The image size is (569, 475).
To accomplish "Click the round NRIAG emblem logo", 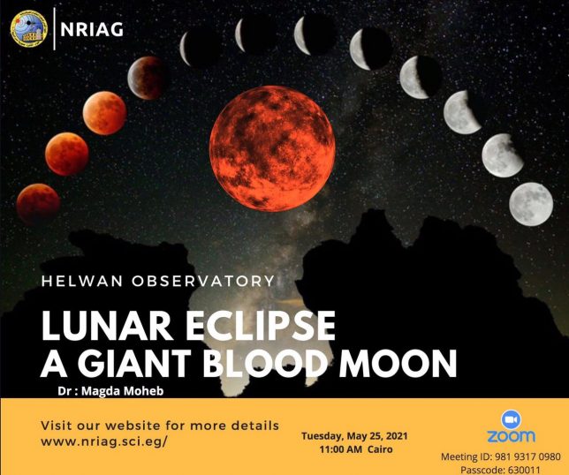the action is click(x=29, y=28).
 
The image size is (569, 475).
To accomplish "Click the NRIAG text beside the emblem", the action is click(x=92, y=29).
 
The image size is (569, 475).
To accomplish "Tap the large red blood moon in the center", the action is click(x=272, y=148).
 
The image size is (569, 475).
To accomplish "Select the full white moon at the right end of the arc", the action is click(x=531, y=204).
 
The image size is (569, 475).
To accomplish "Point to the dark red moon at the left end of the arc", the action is click(x=38, y=205).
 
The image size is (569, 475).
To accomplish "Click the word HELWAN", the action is click(x=82, y=282).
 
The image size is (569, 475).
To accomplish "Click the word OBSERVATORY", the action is click(x=203, y=282).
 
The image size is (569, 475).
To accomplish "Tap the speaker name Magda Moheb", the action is click(x=122, y=391).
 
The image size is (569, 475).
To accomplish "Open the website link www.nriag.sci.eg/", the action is click(x=104, y=442).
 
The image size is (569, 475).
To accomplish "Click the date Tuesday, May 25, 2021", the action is click(x=354, y=436).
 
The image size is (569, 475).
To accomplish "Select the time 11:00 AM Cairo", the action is click(x=356, y=449).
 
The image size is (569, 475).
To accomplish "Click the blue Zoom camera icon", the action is click(x=511, y=420).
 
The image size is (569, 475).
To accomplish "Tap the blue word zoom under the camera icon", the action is click(x=511, y=436).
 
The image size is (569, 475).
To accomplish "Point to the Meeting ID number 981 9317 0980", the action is click(x=527, y=456).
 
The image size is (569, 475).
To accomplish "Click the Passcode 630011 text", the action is click(x=500, y=470).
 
